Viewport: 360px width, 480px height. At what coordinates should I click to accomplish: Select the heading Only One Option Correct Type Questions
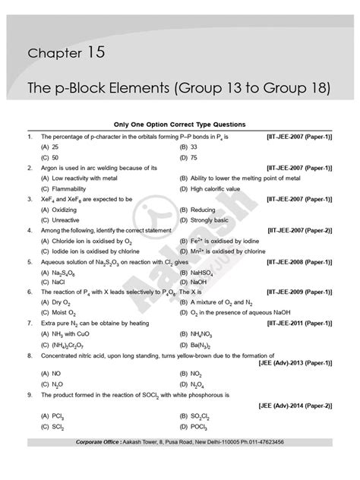click(x=180, y=125)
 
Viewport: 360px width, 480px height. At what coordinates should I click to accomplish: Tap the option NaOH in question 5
click(x=200, y=282)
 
